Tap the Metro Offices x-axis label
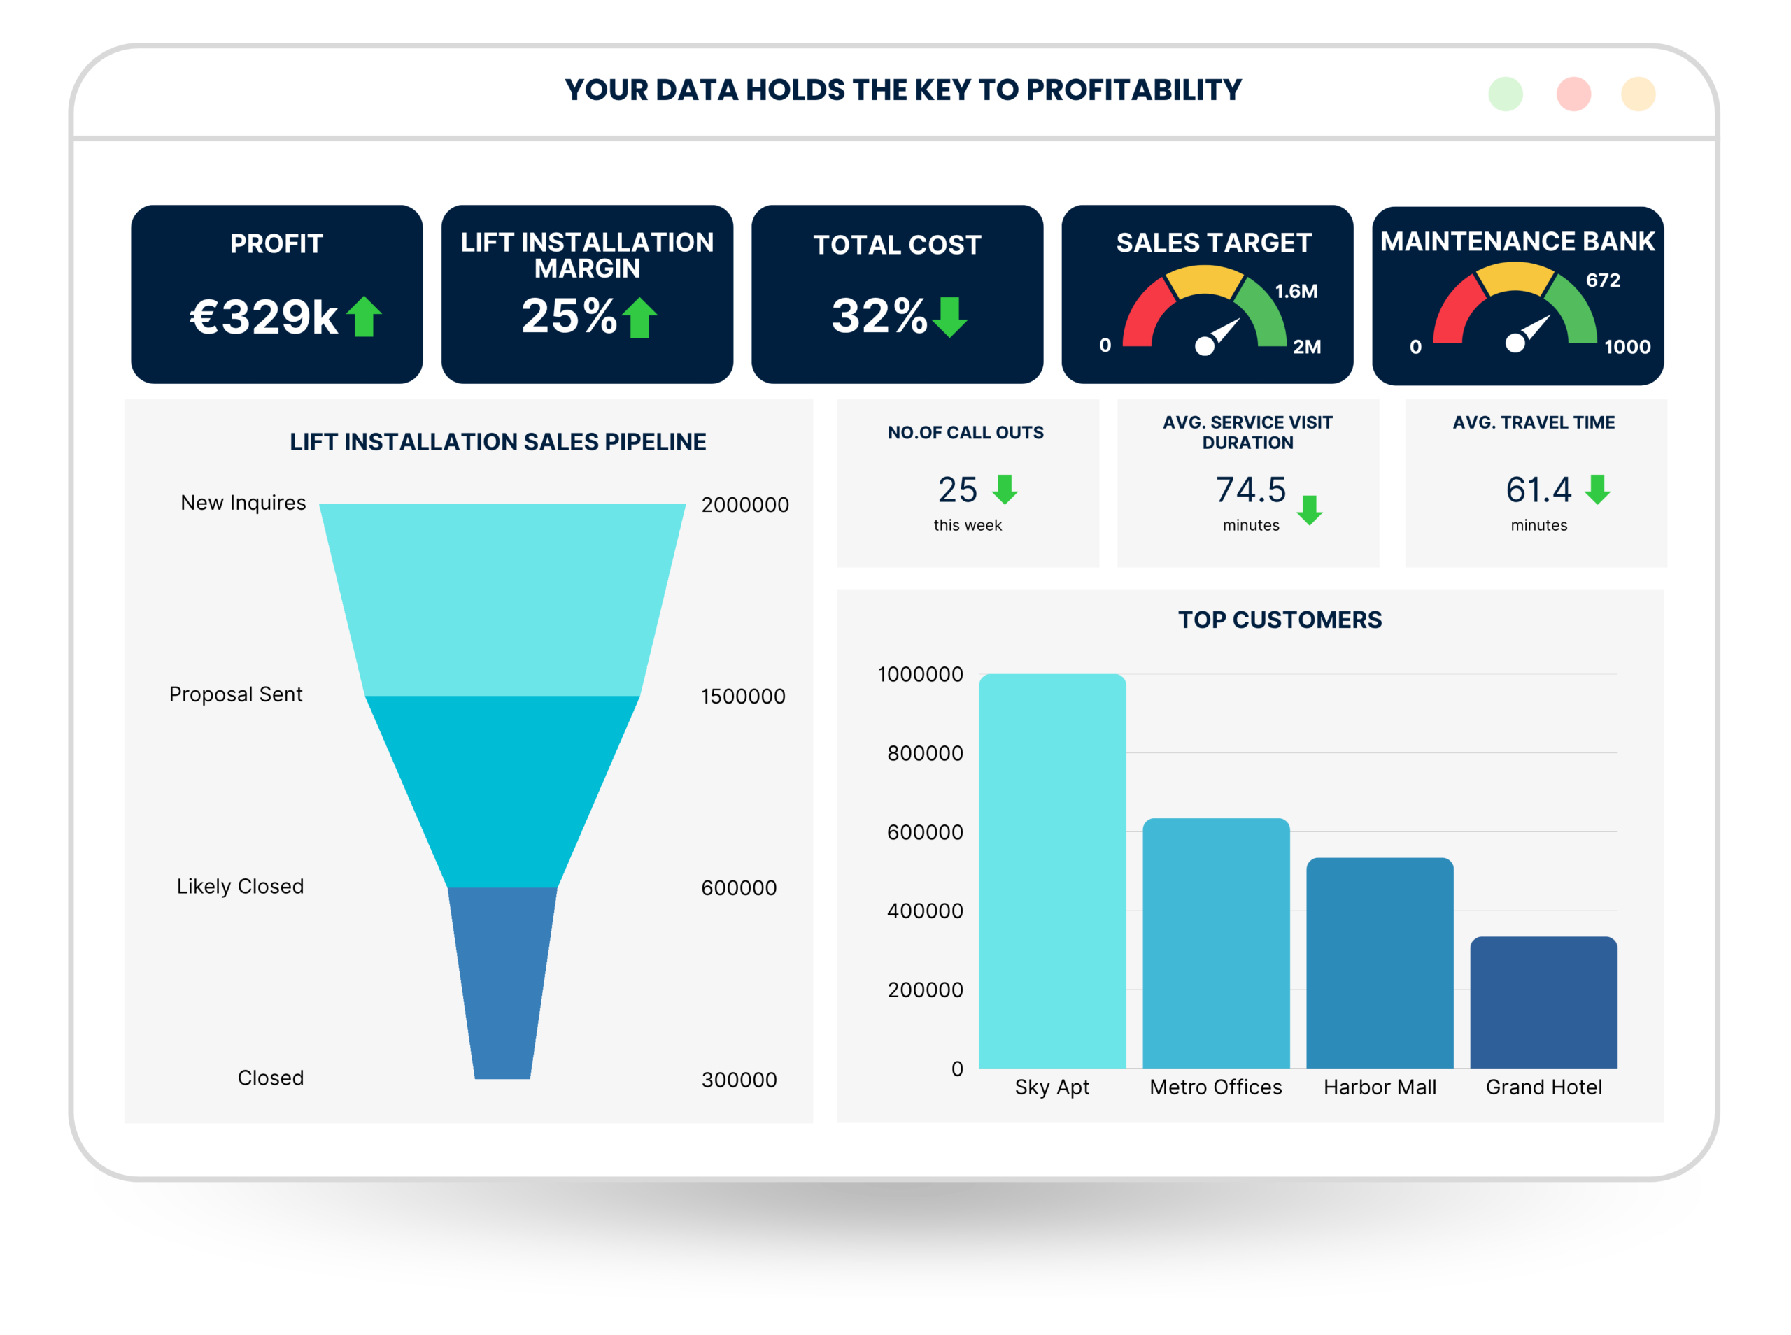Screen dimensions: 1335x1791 (1215, 1087)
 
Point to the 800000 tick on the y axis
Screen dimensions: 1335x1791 (925, 753)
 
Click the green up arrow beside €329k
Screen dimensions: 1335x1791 (364, 316)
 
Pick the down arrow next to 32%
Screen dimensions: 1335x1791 (949, 317)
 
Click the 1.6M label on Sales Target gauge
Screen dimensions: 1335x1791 (1296, 291)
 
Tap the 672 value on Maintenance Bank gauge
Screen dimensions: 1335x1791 (1603, 280)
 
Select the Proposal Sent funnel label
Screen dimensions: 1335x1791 (235, 694)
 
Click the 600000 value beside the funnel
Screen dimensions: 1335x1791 (739, 888)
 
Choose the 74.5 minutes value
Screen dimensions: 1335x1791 (1250, 490)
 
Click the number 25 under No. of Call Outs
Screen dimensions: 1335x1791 (958, 490)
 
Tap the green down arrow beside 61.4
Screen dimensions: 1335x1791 (1597, 490)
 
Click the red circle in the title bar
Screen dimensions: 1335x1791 (1573, 94)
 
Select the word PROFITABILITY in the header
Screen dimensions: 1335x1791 (1133, 90)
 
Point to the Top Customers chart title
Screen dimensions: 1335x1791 (1280, 620)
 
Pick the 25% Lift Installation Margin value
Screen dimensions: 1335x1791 (569, 316)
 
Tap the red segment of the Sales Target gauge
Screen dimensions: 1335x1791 (1144, 311)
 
